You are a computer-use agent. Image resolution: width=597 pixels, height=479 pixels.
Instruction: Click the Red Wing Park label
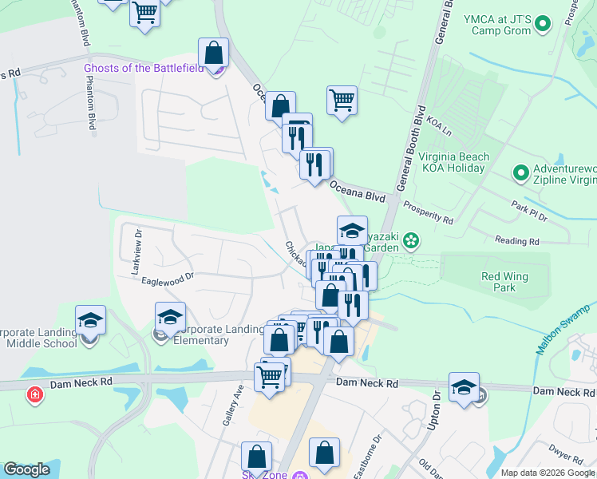[499, 281]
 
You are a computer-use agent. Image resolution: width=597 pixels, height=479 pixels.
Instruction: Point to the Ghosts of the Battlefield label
[148, 68]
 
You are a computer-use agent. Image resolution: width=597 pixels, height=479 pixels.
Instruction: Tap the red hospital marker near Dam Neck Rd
[34, 394]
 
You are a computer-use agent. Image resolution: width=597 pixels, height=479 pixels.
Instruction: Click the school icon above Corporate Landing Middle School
[91, 320]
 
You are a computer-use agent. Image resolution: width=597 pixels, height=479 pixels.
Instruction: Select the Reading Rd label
[516, 240]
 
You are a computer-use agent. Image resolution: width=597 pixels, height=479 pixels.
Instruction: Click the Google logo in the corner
[26, 469]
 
